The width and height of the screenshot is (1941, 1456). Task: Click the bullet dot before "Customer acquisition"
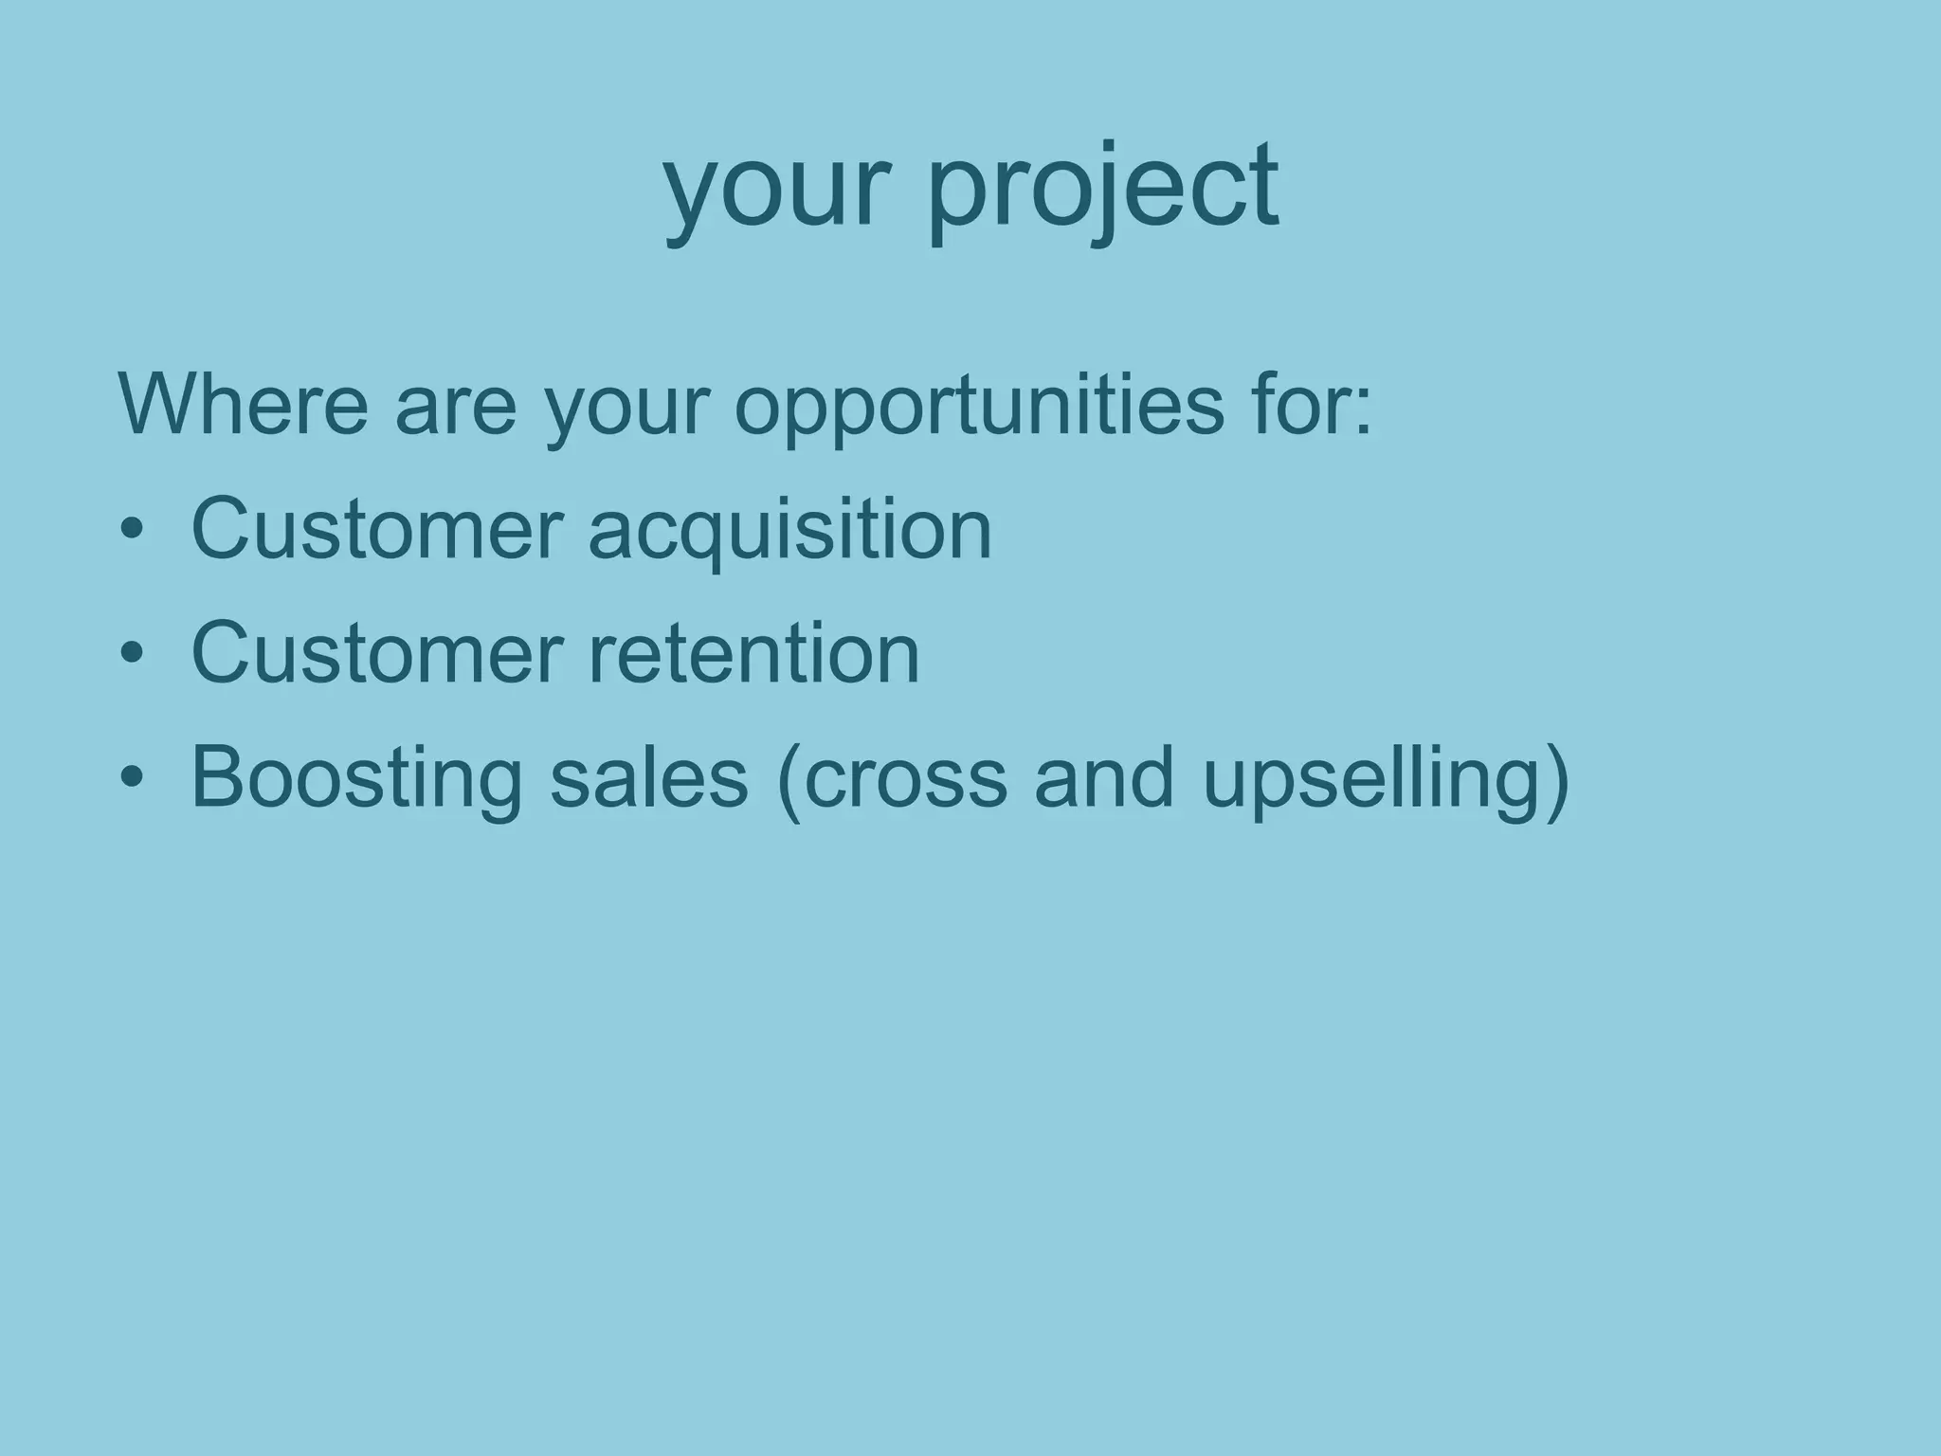pyautogui.click(x=132, y=529)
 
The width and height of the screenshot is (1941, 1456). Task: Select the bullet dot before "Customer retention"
pyautogui.click(x=132, y=653)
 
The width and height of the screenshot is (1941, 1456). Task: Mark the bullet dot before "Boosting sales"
pyautogui.click(x=132, y=778)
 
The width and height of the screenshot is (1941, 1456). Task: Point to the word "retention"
pyautogui.click(x=753, y=653)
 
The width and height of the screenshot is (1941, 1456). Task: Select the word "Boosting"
pyautogui.click(x=356, y=779)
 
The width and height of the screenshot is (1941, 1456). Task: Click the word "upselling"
pyautogui.click(x=1370, y=779)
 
